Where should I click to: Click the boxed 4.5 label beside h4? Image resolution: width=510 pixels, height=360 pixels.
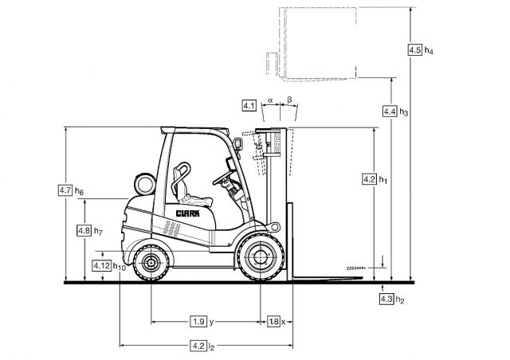[x=414, y=50]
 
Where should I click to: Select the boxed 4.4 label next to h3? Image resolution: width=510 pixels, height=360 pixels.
[x=390, y=112]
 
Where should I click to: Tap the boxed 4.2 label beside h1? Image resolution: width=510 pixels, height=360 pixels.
[x=369, y=180]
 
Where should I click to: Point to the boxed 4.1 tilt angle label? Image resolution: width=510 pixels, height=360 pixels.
[x=249, y=105]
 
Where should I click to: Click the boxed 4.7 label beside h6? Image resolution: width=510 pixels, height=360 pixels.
[x=65, y=190]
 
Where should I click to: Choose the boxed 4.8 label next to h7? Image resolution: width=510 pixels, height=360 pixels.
[x=84, y=230]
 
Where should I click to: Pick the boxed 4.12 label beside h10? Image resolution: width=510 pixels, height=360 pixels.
[x=101, y=265]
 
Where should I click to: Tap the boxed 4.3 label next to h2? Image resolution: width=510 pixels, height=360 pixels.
[x=387, y=299]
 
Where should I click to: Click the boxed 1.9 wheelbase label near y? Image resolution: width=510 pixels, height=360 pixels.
[x=198, y=322]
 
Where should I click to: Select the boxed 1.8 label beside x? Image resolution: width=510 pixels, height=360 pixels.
[x=273, y=322]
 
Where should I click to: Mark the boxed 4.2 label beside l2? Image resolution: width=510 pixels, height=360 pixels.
[x=198, y=346]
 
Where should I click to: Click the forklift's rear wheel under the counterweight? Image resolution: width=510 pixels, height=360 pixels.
[x=149, y=262]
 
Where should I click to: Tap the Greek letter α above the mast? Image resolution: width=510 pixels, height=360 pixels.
[x=271, y=100]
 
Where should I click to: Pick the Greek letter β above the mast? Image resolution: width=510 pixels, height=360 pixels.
[x=289, y=100]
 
